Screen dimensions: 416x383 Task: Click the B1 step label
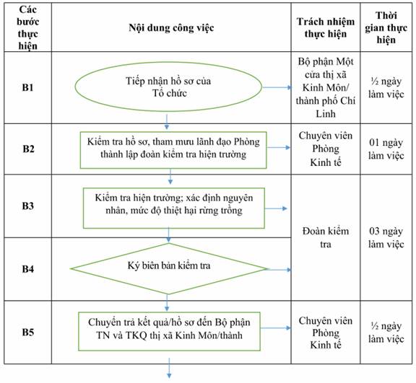(28, 87)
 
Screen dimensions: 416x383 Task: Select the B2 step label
(28, 149)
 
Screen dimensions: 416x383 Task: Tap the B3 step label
(28, 206)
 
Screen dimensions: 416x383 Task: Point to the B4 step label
(28, 269)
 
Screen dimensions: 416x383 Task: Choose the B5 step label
(28, 332)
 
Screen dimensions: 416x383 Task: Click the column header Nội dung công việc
(171, 27)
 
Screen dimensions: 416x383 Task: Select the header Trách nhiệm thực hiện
(326, 27)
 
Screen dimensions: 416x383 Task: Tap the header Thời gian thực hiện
(386, 27)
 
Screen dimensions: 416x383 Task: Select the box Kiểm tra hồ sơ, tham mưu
(173, 150)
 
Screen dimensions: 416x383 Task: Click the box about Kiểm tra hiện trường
(174, 208)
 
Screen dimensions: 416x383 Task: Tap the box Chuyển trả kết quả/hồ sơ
(169, 331)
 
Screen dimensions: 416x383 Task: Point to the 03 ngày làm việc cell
(386, 237)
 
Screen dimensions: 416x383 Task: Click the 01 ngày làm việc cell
(386, 149)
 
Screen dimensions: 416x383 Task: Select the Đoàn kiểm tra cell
(326, 237)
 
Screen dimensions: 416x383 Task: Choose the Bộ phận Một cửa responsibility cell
(326, 87)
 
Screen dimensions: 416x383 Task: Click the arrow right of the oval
(277, 87)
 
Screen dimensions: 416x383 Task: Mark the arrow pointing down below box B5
(169, 368)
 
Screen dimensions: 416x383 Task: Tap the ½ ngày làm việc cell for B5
(386, 333)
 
